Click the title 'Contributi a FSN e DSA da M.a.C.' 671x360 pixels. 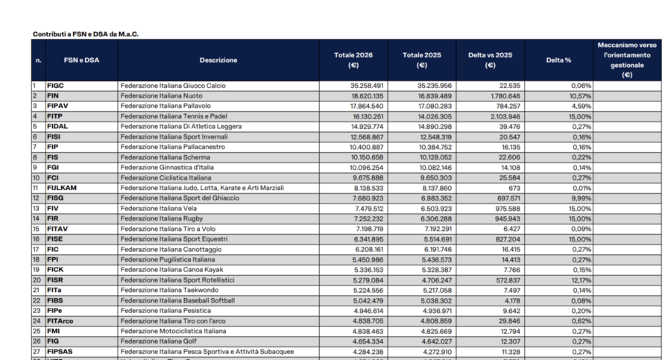point(86,34)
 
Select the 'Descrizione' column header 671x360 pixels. point(218,60)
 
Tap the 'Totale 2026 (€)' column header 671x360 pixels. point(353,60)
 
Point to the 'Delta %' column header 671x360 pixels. point(558,60)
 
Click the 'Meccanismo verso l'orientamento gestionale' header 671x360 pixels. point(627,60)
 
